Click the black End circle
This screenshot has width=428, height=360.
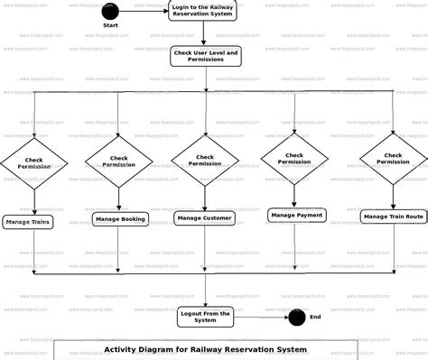tap(296, 317)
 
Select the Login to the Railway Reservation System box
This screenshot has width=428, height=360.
tap(204, 11)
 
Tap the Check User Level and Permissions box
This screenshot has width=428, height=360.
tap(205, 57)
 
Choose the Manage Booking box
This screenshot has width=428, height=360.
tap(119, 218)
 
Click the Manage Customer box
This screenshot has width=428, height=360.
tap(205, 217)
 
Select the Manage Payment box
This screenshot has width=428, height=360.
tap(296, 215)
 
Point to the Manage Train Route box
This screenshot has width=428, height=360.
tap(393, 217)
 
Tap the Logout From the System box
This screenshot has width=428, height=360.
tap(205, 316)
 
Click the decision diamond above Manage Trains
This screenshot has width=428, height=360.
tap(34, 162)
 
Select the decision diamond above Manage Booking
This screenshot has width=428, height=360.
tap(119, 162)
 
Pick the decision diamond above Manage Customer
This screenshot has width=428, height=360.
tap(205, 161)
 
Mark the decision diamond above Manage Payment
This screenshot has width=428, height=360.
tap(294, 159)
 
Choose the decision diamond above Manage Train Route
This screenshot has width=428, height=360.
tap(393, 159)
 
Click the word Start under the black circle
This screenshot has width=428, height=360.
tap(110, 26)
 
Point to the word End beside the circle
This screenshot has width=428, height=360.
tap(315, 317)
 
